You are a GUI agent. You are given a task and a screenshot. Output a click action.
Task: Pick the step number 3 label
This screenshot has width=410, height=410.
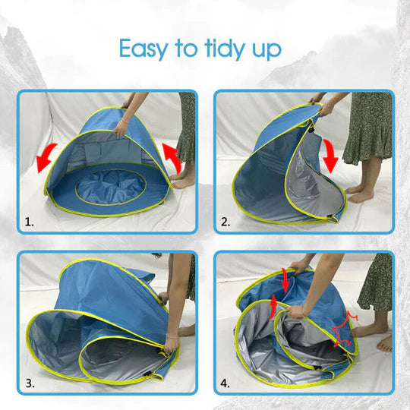pyautogui.click(x=28, y=382)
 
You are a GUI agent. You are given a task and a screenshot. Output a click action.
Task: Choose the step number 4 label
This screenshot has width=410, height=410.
pyautogui.click(x=225, y=382)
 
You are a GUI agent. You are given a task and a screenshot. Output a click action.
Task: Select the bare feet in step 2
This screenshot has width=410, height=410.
pyautogui.click(x=361, y=194)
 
